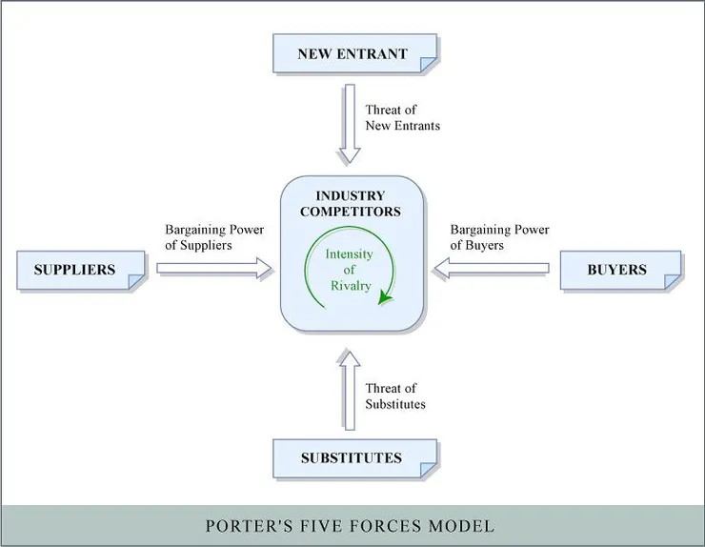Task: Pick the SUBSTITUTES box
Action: pos(353,457)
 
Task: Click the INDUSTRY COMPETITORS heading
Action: pos(351,203)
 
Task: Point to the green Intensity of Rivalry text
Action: pos(350,272)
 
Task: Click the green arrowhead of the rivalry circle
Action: pos(385,297)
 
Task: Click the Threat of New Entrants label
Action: pos(403,117)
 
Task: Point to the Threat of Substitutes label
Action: pos(395,395)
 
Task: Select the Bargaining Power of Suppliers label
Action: pos(214,237)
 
